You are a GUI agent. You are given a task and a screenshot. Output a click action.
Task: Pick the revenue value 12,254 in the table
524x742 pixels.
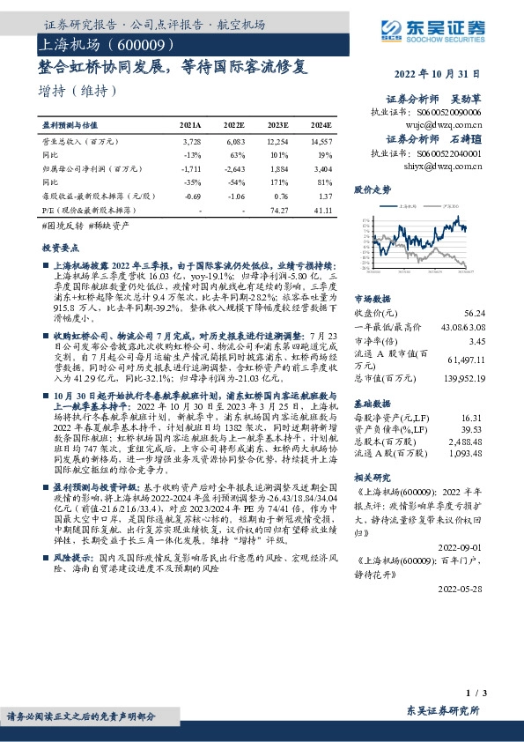click(x=279, y=141)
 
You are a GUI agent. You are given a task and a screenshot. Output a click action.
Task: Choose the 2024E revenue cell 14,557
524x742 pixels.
click(x=321, y=141)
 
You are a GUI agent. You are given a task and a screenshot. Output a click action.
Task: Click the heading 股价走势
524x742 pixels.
click(x=371, y=189)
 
